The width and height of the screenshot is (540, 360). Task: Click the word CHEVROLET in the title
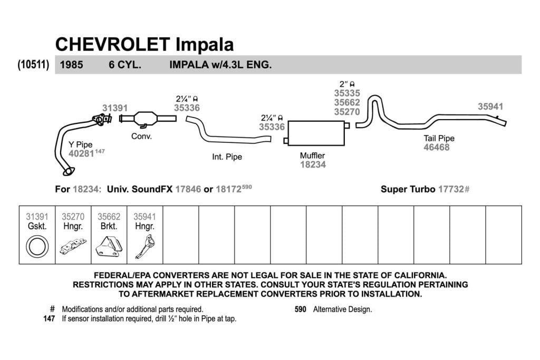(x=112, y=44)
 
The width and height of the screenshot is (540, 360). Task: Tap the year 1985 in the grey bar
(x=71, y=65)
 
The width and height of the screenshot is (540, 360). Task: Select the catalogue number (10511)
(x=33, y=64)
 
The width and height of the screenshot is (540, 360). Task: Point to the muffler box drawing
(x=316, y=133)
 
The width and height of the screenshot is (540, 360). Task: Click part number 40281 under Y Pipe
(x=81, y=153)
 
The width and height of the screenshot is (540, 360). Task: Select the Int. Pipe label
(x=227, y=157)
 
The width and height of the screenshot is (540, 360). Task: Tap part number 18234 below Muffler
(x=313, y=164)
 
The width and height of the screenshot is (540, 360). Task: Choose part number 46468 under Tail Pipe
(x=436, y=147)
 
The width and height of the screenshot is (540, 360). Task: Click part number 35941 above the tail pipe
(x=490, y=106)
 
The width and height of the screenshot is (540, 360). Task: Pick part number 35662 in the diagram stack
(x=347, y=103)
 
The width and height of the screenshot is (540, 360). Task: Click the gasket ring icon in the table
(x=37, y=247)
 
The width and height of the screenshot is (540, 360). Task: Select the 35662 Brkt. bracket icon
(x=109, y=247)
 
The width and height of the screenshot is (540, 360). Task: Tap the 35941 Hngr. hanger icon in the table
(x=146, y=247)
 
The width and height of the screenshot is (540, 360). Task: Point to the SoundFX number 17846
(x=188, y=189)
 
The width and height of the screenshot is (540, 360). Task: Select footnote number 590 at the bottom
(x=300, y=309)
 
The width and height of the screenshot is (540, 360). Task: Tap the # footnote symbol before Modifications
(x=52, y=309)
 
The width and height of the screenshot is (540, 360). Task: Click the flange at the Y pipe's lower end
(x=69, y=171)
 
